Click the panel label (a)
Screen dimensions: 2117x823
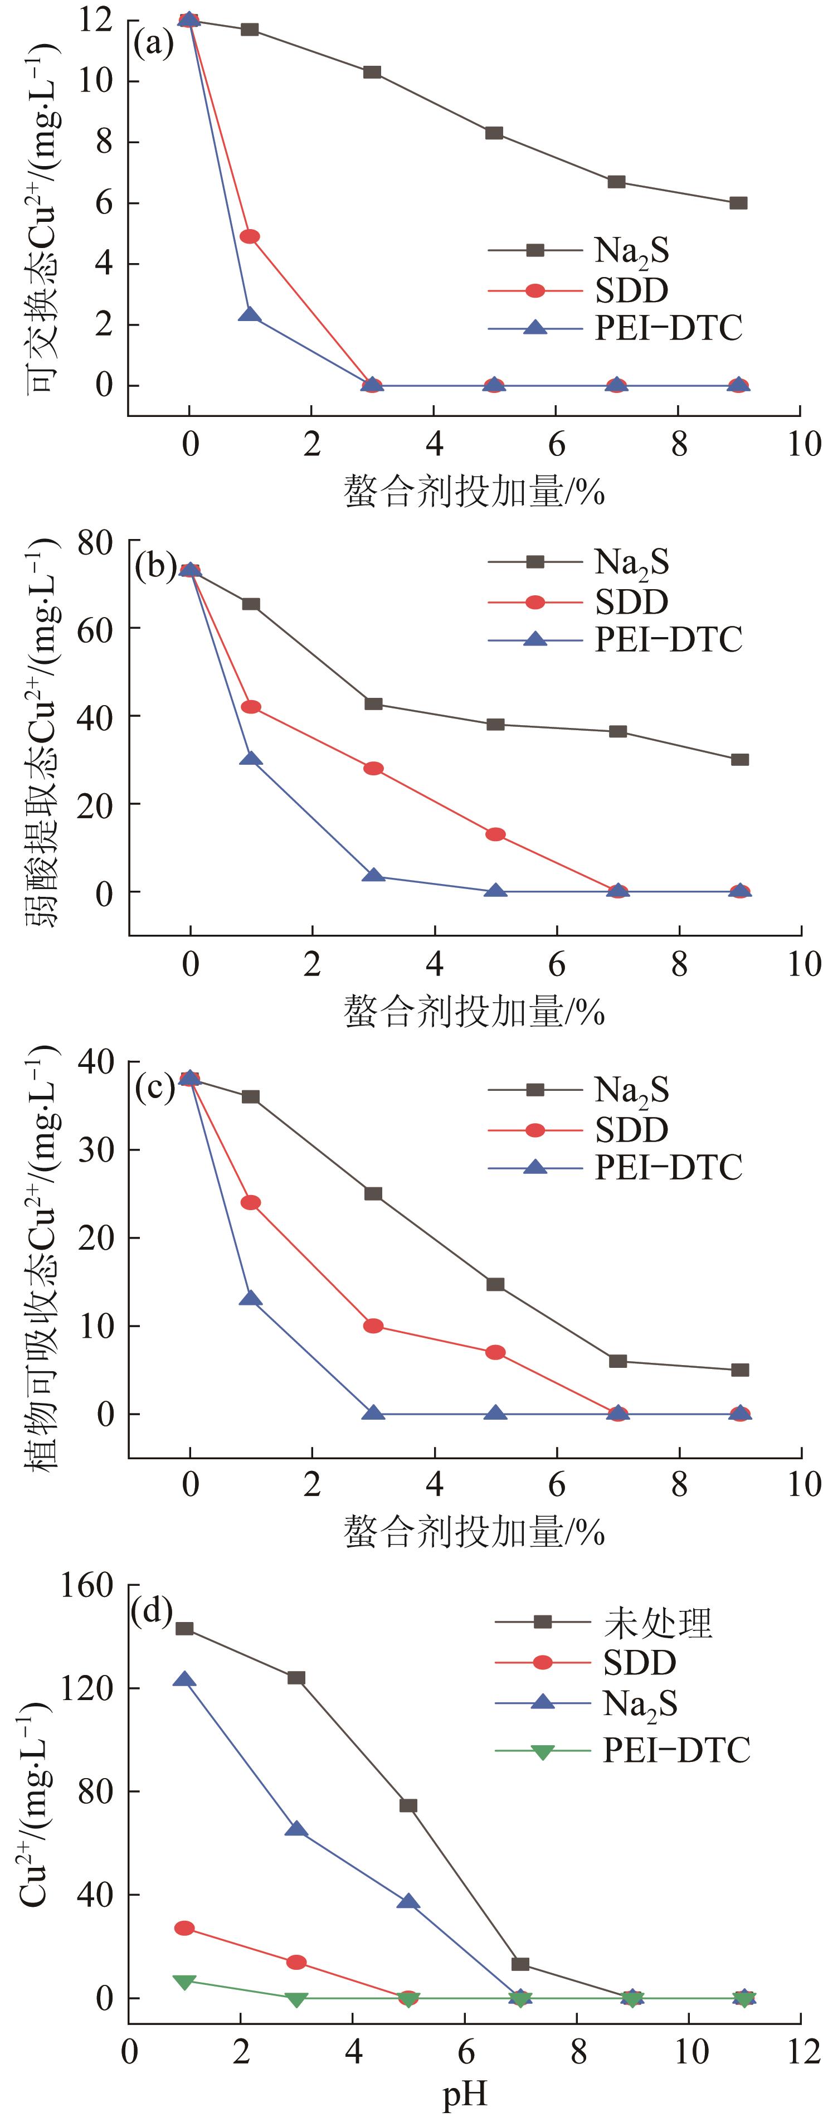click(154, 43)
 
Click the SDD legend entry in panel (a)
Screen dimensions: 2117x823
click(631, 290)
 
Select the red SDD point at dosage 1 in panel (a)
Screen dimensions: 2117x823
click(250, 237)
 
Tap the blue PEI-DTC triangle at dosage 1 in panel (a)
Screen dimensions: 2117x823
click(250, 315)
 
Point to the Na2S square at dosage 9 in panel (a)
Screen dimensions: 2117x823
click(738, 203)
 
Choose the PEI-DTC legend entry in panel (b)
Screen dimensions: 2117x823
click(668, 639)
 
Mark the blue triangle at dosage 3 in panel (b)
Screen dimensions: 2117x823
click(373, 876)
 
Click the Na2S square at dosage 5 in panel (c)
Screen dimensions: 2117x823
click(495, 1284)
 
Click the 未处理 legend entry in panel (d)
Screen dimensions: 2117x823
click(657, 1622)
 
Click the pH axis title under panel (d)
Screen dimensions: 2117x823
click(465, 2094)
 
